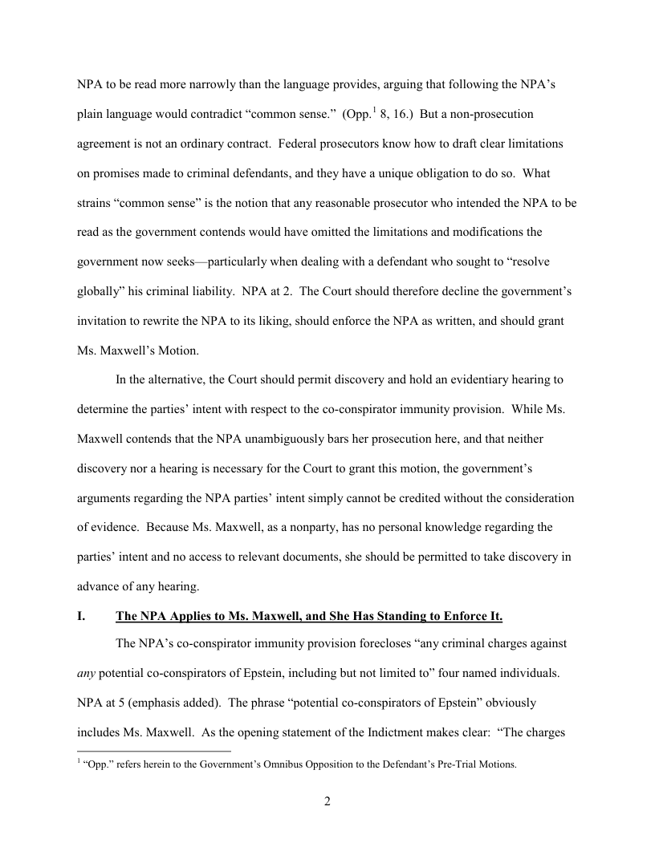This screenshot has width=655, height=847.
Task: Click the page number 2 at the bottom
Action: click(327, 802)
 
